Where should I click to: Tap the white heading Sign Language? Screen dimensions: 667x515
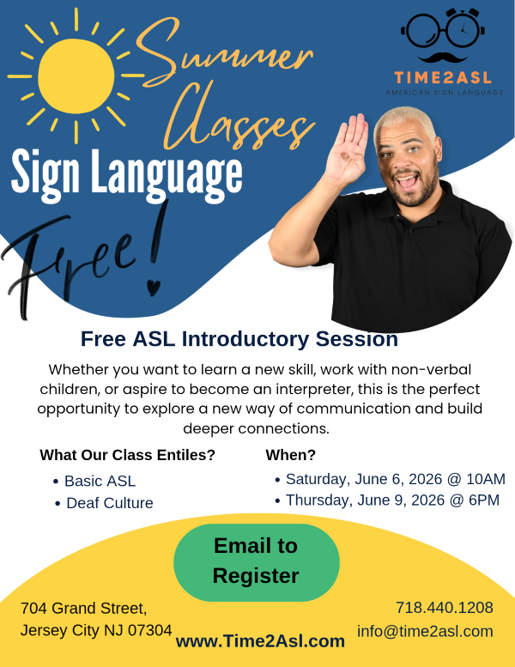pos(126,172)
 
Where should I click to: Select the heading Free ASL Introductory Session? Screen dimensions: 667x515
pos(239,339)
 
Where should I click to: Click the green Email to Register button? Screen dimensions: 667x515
pos(256,561)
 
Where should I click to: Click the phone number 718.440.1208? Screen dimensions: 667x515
pos(444,608)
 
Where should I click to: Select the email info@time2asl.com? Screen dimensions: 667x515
pos(425,631)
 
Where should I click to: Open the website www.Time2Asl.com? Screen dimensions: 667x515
pos(260,640)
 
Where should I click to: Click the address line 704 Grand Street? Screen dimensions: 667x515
pos(84,608)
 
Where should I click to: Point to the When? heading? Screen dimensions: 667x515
pos(290,455)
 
